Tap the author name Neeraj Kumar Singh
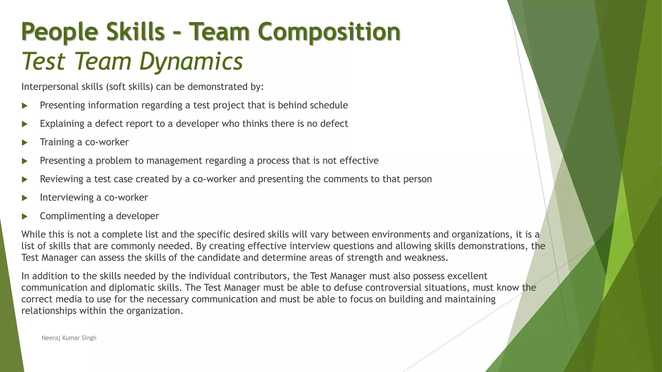click(x=69, y=338)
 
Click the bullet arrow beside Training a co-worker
click(x=25, y=142)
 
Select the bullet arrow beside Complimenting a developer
click(x=25, y=216)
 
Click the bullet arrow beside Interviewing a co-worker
click(x=25, y=198)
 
